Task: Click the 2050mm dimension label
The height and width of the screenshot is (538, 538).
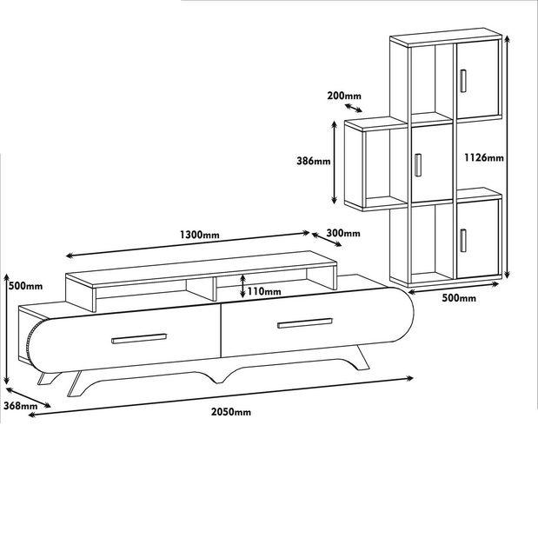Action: [231, 411]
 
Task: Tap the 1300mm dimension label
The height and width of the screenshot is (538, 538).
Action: [200, 235]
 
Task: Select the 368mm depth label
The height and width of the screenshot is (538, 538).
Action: [20, 406]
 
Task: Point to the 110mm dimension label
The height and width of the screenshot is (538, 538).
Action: [264, 291]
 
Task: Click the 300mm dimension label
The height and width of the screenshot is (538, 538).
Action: [343, 233]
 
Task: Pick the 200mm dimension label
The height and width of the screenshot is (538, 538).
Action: [344, 96]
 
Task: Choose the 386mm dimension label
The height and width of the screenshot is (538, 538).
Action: [314, 161]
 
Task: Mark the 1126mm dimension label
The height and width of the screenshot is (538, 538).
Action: [484, 157]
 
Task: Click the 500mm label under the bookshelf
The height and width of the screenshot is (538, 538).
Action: [459, 298]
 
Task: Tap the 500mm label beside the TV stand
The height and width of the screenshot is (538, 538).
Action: [26, 285]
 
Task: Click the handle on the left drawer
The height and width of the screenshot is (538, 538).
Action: [139, 338]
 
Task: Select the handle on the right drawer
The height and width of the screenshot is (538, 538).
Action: [305, 323]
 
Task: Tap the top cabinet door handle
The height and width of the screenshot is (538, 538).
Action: [463, 81]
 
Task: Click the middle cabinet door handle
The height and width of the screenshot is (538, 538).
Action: [417, 164]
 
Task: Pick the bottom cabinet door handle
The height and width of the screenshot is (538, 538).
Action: [463, 241]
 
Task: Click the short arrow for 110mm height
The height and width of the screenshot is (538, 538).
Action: [242, 285]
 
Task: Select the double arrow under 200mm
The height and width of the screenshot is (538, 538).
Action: [353, 108]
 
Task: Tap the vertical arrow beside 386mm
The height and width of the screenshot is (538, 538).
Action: [335, 163]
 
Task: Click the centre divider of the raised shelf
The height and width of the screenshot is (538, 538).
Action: [215, 289]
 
